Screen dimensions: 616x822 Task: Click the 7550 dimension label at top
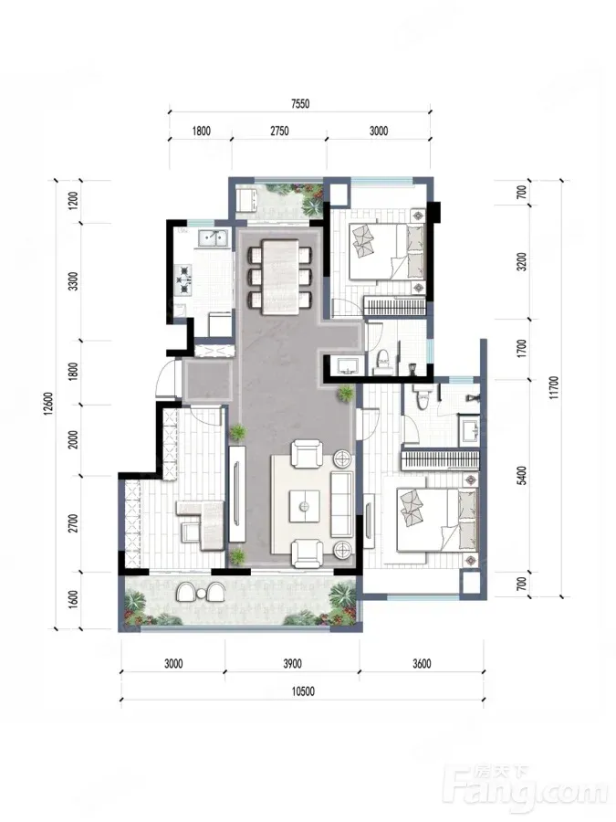pyautogui.click(x=300, y=104)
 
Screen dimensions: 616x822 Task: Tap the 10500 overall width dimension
pyautogui.click(x=303, y=691)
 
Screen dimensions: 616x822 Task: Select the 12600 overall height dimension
pyautogui.click(x=48, y=404)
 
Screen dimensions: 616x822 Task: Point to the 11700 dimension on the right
pyautogui.click(x=555, y=387)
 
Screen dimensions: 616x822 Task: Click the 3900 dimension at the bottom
pyautogui.click(x=292, y=664)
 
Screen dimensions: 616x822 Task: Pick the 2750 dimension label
pyautogui.click(x=279, y=131)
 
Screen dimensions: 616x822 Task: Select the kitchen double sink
pyautogui.click(x=213, y=238)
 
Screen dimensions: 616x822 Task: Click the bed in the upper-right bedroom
pyautogui.click(x=386, y=251)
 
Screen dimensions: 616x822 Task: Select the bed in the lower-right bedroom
pyautogui.click(x=436, y=520)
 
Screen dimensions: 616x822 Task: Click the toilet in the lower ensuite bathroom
pyautogui.click(x=421, y=398)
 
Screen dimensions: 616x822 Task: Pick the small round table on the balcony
pyautogui.click(x=202, y=593)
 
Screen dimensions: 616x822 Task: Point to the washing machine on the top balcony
pyautogui.click(x=246, y=200)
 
